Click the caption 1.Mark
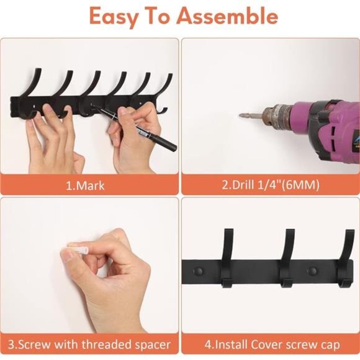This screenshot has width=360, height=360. tap(86, 185)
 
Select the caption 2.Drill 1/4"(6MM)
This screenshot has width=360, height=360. tap(268, 185)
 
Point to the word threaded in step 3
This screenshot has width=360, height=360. tap(106, 343)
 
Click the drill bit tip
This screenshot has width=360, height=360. tap(243, 115)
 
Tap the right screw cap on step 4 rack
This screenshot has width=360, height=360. tap(312, 271)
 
